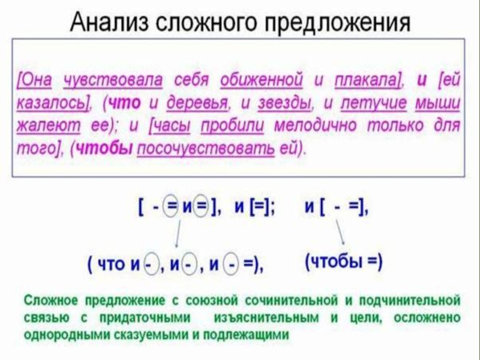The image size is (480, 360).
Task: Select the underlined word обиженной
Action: tap(262, 80)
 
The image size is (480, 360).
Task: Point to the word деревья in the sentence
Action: tap(197, 103)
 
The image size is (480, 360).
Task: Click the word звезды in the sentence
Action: tap(284, 103)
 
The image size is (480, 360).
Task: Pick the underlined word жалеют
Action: tap(48, 126)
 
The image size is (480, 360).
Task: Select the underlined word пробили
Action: tap(232, 126)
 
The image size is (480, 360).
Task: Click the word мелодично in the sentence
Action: tap(316, 125)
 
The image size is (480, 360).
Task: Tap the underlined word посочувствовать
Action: tap(206, 149)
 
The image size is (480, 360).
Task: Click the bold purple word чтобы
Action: tap(104, 149)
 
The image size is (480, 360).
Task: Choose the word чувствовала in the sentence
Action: tap(113, 80)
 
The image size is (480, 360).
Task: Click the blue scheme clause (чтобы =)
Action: tap(344, 262)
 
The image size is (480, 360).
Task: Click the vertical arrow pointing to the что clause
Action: tap(177, 234)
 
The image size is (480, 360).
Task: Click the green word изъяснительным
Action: tap(266, 318)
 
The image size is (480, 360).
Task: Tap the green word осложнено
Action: tap(427, 317)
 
